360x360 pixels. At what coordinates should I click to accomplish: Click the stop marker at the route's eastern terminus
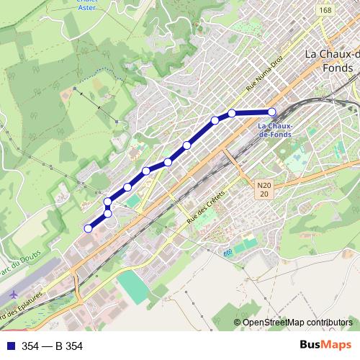pos(272,112)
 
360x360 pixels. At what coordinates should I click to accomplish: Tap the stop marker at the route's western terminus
pos(88,228)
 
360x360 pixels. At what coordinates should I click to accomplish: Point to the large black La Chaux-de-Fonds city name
pos(332,60)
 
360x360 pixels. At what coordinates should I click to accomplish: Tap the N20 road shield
pos(264,189)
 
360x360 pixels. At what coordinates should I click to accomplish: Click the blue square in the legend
pos(9,346)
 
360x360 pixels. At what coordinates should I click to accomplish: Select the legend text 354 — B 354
pos(52,346)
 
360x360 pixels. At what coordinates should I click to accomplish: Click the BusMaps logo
pos(325,345)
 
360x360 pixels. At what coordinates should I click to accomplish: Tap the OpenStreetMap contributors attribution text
pos(297,323)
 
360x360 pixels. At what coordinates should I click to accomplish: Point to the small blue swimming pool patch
pos(228,253)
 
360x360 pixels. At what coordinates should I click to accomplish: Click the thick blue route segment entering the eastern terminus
pos(252,112)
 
